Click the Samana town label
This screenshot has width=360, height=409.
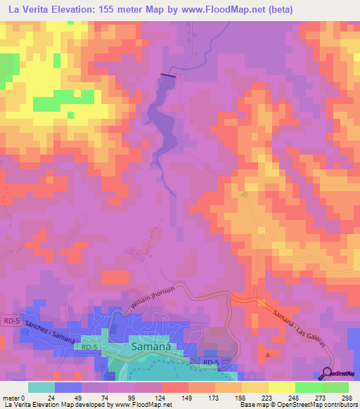coord(151,347)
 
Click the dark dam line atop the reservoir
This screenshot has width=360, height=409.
coord(169,75)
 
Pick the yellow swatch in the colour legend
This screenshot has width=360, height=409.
coord(281,387)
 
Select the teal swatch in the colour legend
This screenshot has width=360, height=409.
coord(41,387)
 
